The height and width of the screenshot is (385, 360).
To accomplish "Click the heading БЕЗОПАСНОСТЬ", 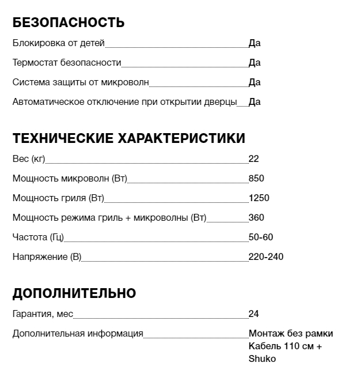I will click(x=69, y=22).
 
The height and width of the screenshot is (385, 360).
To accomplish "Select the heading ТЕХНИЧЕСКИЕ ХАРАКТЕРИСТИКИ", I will click(x=128, y=138).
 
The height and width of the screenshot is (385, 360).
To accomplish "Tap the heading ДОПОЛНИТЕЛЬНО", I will click(x=74, y=293).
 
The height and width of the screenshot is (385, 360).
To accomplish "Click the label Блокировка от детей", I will click(x=59, y=43).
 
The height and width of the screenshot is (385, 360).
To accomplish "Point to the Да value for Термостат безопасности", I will click(x=255, y=62).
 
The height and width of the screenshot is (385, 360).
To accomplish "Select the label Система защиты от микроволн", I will click(x=81, y=82).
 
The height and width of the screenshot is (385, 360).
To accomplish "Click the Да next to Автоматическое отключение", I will click(x=255, y=102).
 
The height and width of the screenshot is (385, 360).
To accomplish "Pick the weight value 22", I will click(x=254, y=159).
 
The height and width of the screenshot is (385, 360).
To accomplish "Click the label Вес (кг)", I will click(x=29, y=159).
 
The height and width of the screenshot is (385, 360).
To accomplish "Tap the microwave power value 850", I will click(x=256, y=179).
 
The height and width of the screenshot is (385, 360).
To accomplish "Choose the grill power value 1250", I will click(x=259, y=198).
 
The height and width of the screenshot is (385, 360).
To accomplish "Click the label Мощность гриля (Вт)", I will click(x=58, y=198).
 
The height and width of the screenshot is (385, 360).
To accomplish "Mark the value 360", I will click(x=256, y=218).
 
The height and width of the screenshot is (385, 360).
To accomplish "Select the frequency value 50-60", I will click(x=261, y=237).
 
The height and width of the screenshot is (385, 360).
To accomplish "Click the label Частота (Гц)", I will click(x=39, y=237).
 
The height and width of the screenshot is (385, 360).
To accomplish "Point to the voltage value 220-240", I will click(x=266, y=256).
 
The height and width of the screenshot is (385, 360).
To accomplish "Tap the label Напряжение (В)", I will click(x=47, y=256).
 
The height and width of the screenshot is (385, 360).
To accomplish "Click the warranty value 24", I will click(x=254, y=314).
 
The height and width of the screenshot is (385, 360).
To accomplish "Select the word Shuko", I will click(x=262, y=359).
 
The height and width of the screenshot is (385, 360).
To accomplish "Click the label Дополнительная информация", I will click(x=78, y=334).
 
